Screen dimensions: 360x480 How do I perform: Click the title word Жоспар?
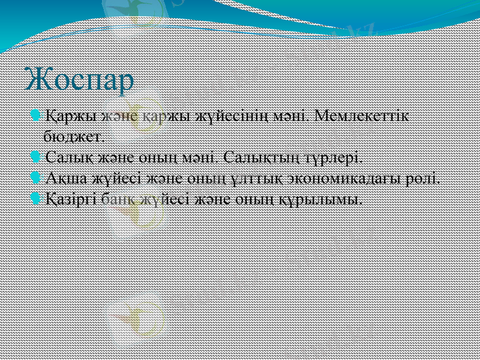(x=80, y=80)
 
